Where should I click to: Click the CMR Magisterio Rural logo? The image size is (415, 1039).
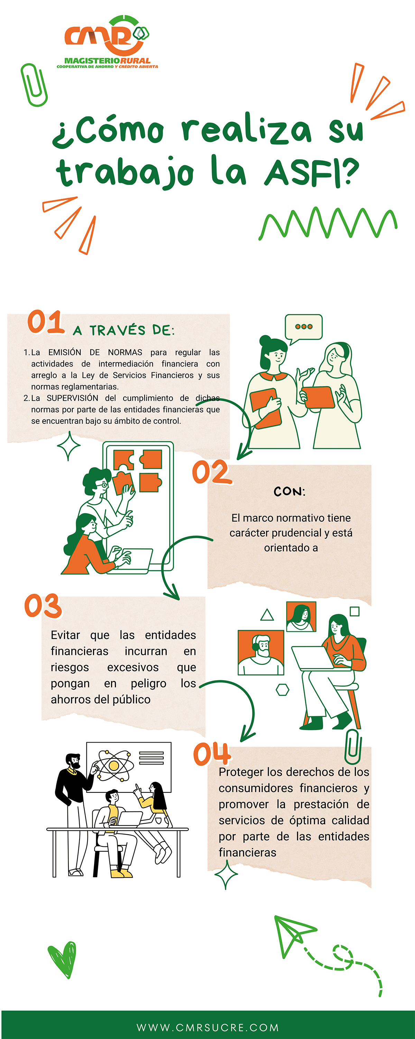pyautogui.click(x=107, y=42)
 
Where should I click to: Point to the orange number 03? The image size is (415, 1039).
pyautogui.click(x=43, y=605)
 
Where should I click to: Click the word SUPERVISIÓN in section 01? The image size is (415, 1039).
pyautogui.click(x=73, y=398)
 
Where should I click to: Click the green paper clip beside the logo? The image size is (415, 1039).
pyautogui.click(x=34, y=85)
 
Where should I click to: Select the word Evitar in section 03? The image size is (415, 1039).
pyautogui.click(x=65, y=635)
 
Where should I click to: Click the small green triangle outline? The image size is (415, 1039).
pyautogui.click(x=267, y=615)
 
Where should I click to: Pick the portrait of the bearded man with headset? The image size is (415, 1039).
pyautogui.click(x=261, y=652)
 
